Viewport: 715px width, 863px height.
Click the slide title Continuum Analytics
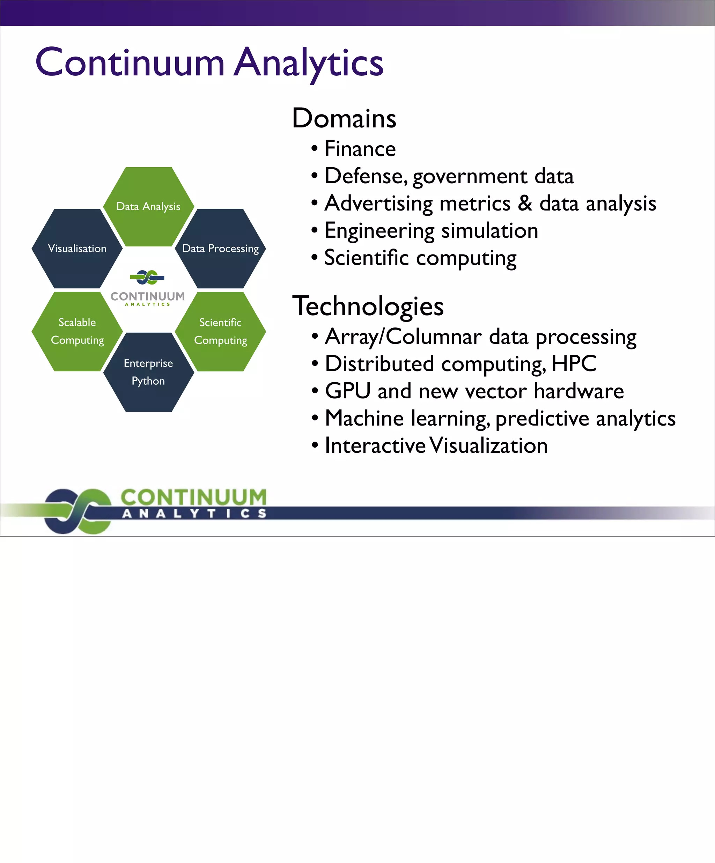[x=209, y=62]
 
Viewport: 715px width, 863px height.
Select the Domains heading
[x=344, y=118]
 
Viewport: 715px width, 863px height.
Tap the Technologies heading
[x=368, y=306]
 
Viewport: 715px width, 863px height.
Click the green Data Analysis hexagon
[x=148, y=206]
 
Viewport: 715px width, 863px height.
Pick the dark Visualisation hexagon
[x=77, y=249]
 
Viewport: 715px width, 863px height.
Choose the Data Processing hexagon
[x=220, y=249]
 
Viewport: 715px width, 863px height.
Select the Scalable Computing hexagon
[x=77, y=331]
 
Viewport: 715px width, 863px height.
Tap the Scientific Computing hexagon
[x=220, y=331]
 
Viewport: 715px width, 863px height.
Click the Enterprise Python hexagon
[x=148, y=372]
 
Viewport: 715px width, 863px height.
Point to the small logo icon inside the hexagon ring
[x=147, y=278]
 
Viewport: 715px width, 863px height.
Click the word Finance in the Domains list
[x=360, y=149]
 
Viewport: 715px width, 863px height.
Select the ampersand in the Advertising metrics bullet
[x=525, y=203]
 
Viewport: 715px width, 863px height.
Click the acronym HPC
[x=574, y=364]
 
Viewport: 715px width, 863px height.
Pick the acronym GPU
[x=348, y=391]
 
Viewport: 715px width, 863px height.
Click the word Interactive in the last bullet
[x=375, y=445]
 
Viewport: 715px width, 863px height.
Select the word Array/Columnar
[x=403, y=337]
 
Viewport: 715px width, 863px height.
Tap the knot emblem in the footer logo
[x=78, y=511]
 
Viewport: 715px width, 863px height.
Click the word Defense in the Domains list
[x=365, y=176]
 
